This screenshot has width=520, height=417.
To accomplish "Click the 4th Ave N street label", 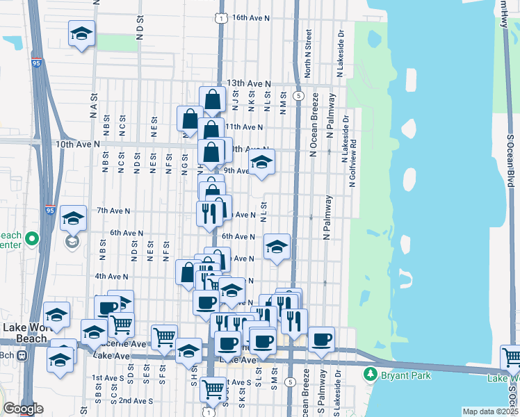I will coord(112,276).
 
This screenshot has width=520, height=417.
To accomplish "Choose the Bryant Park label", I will coord(406,376).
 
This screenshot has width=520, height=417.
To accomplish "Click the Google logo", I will coord(23,409).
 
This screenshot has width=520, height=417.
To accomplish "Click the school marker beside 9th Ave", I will coord(261,163).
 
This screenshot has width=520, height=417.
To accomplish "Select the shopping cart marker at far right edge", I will coord(512,358).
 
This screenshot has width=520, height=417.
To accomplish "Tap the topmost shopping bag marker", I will coord(212,100).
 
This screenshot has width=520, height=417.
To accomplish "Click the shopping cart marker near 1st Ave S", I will coord(213,388).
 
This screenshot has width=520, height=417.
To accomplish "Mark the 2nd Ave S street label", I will coord(135,401).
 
